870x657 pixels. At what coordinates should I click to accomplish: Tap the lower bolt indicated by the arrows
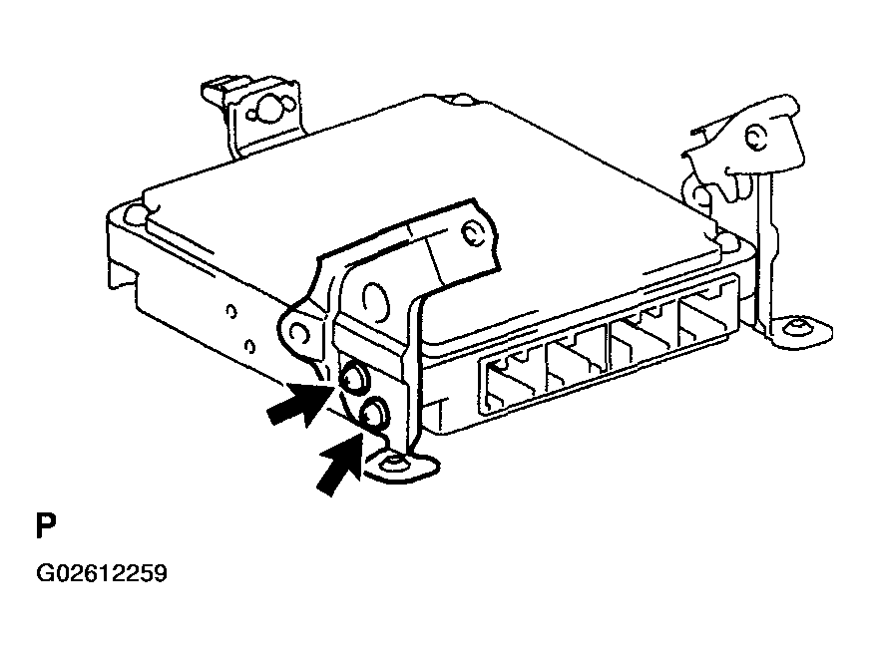click(375, 412)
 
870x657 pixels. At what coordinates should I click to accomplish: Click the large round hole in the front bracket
click(376, 298)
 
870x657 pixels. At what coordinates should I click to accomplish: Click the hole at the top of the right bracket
click(755, 137)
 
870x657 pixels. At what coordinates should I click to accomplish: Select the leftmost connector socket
click(511, 382)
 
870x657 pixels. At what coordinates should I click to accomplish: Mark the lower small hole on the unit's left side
click(249, 346)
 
